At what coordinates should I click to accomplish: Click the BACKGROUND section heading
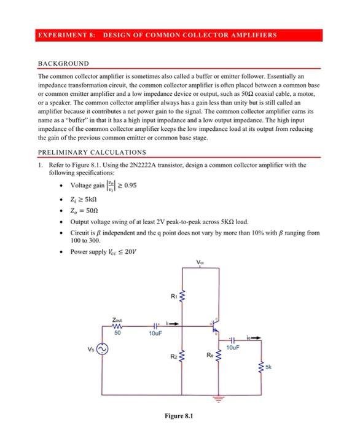click(x=63, y=63)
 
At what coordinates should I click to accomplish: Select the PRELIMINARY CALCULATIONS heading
click(x=92, y=152)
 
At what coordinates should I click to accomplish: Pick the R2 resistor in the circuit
click(x=182, y=356)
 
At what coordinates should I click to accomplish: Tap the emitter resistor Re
click(x=219, y=357)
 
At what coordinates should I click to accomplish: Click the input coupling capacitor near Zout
click(x=156, y=326)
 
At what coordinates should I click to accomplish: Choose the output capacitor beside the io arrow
click(x=235, y=339)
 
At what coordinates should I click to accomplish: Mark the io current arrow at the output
click(x=254, y=337)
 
